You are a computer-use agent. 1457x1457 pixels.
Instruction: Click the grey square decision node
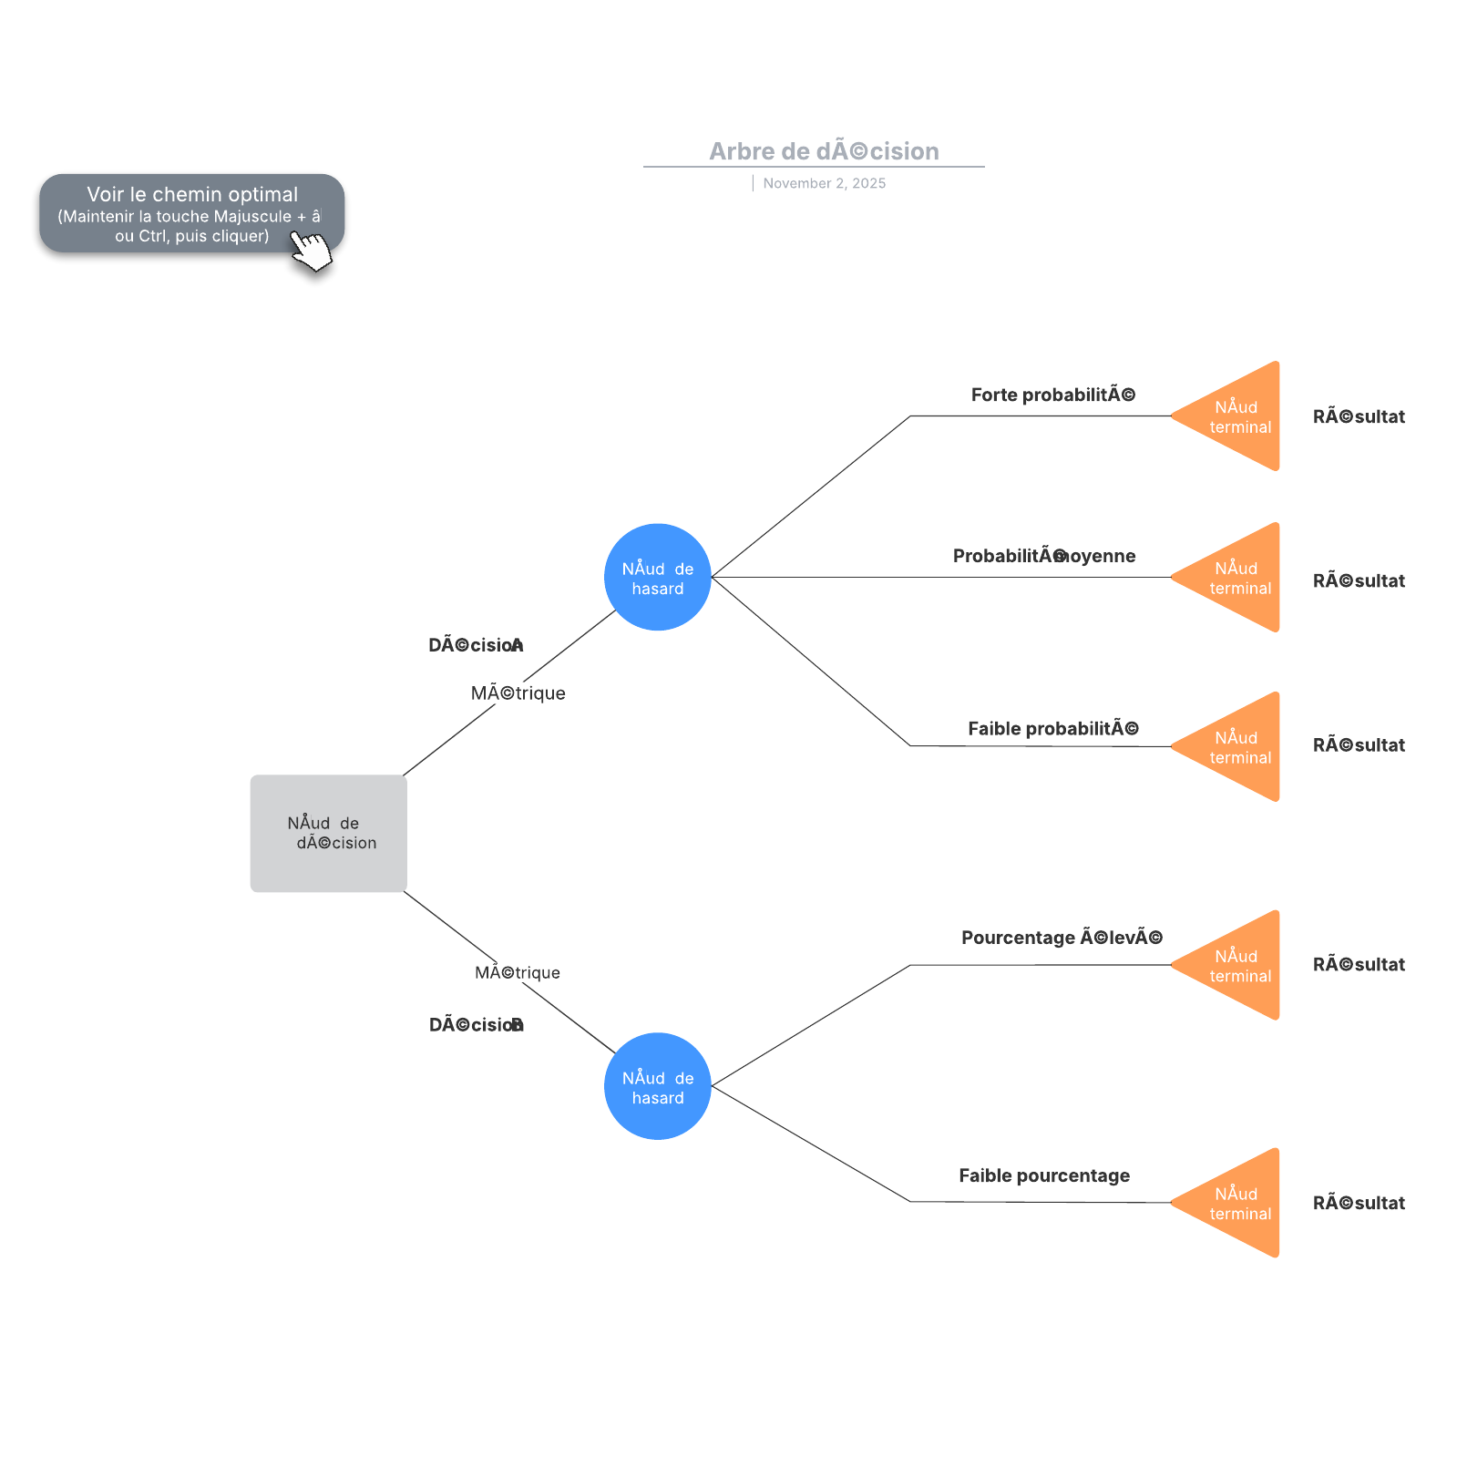(x=328, y=833)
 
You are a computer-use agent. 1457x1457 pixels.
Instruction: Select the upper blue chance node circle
(x=657, y=577)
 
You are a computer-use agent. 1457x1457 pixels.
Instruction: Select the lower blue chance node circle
(x=657, y=1085)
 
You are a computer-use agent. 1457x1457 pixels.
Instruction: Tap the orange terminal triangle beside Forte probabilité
(x=1239, y=416)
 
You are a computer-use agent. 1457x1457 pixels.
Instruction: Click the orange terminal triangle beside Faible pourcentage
(x=1239, y=1203)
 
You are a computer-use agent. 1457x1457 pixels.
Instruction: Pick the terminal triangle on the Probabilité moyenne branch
(x=1239, y=578)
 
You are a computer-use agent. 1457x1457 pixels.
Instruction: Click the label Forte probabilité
(x=1052, y=395)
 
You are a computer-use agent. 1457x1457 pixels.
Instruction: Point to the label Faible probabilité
(x=1052, y=728)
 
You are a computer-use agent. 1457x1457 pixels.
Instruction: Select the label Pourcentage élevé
(x=1062, y=938)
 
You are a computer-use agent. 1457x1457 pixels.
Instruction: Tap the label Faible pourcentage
(x=1044, y=1175)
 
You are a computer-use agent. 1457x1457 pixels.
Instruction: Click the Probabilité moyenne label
(x=1044, y=556)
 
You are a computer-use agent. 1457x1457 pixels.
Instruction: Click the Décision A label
(x=476, y=645)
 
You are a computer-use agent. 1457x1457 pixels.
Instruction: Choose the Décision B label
(x=476, y=1025)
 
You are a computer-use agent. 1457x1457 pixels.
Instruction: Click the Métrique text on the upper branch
(x=518, y=693)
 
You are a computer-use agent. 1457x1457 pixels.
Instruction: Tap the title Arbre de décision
(x=824, y=151)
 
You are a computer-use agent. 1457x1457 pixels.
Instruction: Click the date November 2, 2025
(x=824, y=183)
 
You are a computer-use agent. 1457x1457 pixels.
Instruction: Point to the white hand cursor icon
(x=313, y=251)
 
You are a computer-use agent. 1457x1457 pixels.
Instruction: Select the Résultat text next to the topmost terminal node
(x=1358, y=417)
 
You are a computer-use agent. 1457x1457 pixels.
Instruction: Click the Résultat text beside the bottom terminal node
(x=1358, y=1203)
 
